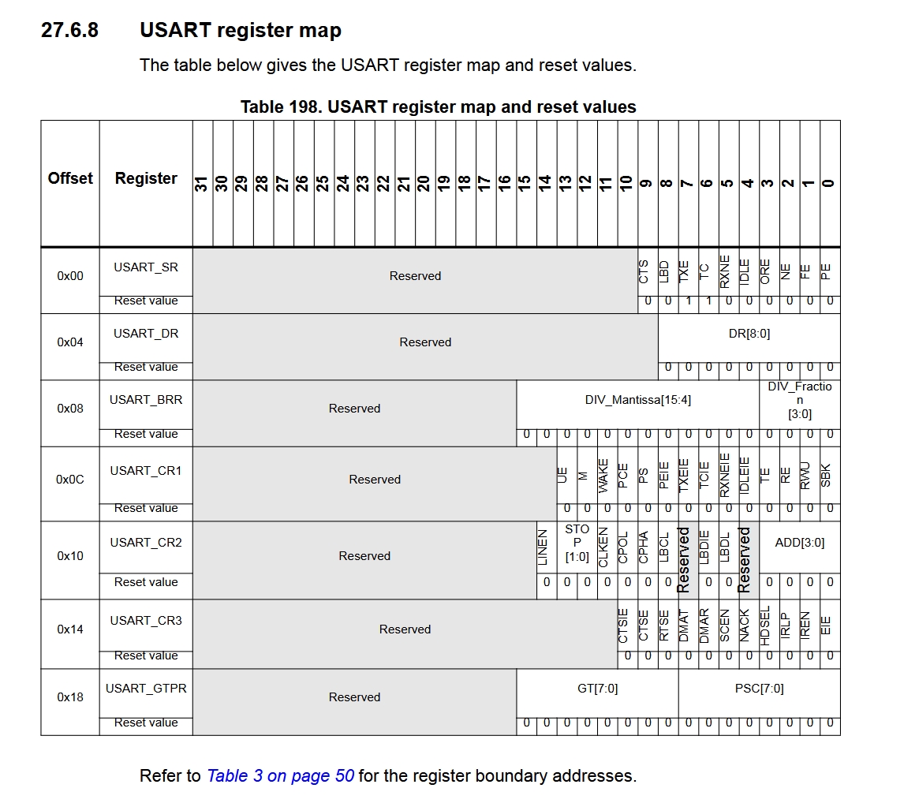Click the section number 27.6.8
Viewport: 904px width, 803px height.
coord(69,31)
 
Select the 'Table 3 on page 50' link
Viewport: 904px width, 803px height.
coord(280,775)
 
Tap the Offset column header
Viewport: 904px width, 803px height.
coord(70,178)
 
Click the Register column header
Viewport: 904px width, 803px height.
coord(146,178)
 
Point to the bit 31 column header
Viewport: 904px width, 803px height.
coord(202,183)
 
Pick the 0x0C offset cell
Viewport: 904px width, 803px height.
coord(70,480)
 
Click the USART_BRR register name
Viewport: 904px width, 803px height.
coord(146,399)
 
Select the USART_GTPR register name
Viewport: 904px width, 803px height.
coord(146,689)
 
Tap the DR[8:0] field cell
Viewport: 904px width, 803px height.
coord(749,334)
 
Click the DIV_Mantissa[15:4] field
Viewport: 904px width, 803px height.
coord(637,400)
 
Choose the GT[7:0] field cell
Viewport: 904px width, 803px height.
coord(597,689)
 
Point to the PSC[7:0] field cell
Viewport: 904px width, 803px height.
coord(759,689)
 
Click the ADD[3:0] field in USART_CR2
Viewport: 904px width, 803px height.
coord(799,543)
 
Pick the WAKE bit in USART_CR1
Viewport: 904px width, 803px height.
coord(603,476)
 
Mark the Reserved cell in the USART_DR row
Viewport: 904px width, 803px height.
coord(425,342)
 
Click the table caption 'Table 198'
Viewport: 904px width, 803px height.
coord(438,106)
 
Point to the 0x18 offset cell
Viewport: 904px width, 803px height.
coord(70,697)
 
